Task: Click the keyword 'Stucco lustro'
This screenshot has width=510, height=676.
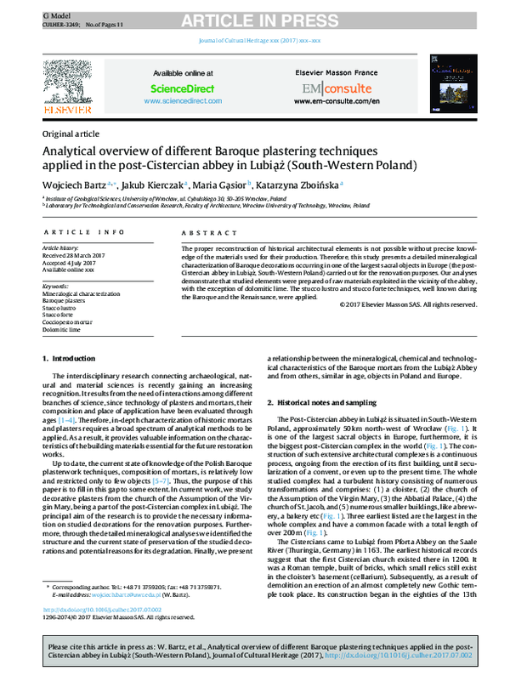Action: (60, 307)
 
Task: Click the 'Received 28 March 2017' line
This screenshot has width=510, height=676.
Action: (75, 253)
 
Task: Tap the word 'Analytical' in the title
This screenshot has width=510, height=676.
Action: (77, 150)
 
